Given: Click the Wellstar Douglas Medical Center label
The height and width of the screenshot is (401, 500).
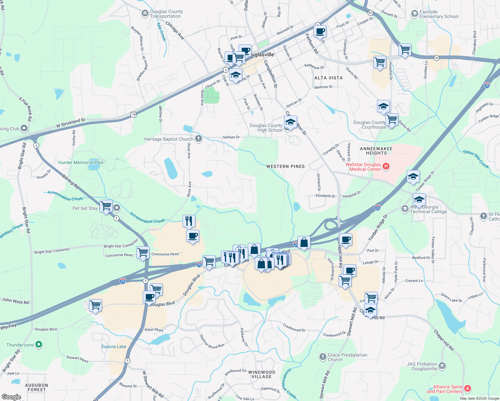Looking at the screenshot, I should [365, 167].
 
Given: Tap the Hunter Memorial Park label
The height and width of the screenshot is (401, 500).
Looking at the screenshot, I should [81, 163].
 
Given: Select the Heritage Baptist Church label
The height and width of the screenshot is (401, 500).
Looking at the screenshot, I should [169, 139].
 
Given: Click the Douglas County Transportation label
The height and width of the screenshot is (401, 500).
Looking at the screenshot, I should [166, 14].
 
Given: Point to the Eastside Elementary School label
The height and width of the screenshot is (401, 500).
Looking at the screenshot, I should [439, 14].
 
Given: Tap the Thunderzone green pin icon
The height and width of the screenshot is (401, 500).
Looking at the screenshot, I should [39, 344].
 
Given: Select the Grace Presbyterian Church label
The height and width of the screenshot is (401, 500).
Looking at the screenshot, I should [347, 357].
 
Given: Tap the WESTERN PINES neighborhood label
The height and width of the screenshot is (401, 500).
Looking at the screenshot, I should [285, 166].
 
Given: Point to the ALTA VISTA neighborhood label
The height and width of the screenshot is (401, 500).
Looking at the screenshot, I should [329, 78].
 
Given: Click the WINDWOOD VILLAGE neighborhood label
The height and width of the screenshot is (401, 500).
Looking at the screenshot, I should [262, 374].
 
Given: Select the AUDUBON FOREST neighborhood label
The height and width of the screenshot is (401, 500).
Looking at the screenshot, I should [37, 387].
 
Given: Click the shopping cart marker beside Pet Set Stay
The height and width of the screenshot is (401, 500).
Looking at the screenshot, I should [106, 206].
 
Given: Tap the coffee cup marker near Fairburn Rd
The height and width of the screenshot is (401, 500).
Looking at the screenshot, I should [320, 31].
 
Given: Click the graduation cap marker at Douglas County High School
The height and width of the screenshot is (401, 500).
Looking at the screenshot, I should [290, 122].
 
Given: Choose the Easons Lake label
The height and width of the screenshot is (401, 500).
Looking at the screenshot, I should [114, 347].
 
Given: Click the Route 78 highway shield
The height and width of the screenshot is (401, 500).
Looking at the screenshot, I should [134, 115].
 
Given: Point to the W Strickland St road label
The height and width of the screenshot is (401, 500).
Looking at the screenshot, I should [71, 123].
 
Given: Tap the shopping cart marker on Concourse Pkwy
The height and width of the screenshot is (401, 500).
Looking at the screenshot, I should [143, 252].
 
